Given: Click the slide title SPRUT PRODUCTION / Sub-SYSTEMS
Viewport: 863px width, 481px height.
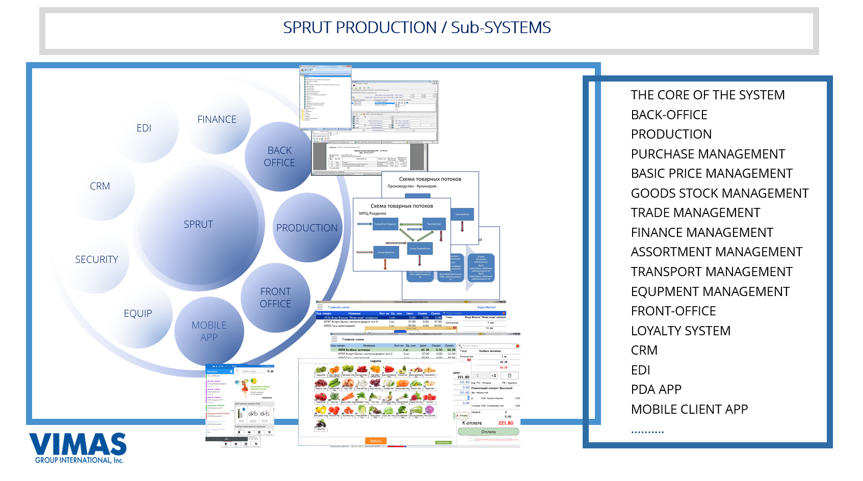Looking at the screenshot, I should click(416, 28).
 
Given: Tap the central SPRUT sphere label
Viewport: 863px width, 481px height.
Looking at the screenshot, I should click(198, 224).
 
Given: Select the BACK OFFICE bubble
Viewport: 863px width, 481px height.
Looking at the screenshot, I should click(279, 156).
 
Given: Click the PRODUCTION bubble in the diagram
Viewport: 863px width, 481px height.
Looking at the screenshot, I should click(307, 228).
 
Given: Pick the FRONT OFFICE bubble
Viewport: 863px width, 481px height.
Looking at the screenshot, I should click(275, 298).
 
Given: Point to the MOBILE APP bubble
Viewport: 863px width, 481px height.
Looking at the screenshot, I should click(209, 331).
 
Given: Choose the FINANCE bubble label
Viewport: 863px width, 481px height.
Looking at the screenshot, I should click(217, 119).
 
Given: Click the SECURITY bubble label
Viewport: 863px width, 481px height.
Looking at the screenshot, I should click(96, 259).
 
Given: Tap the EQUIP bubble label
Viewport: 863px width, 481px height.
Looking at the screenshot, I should click(138, 313).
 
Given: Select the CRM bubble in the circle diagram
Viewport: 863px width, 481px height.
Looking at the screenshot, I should click(100, 186).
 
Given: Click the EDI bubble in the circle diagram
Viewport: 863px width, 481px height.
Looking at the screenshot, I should click(144, 128).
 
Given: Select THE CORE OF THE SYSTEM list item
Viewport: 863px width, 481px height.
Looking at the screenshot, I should click(708, 95).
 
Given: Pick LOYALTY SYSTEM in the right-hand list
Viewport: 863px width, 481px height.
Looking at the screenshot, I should click(681, 331).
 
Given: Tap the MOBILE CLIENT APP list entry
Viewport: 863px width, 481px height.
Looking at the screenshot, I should click(689, 409).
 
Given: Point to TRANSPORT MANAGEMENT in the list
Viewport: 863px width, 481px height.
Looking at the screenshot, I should click(712, 272).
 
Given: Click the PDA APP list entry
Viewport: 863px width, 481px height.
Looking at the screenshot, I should click(656, 390).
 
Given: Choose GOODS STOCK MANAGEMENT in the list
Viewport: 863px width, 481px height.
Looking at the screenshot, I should click(719, 193).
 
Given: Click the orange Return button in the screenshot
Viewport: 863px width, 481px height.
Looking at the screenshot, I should click(376, 441).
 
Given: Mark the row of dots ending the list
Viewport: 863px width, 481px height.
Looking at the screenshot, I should click(647, 432).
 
